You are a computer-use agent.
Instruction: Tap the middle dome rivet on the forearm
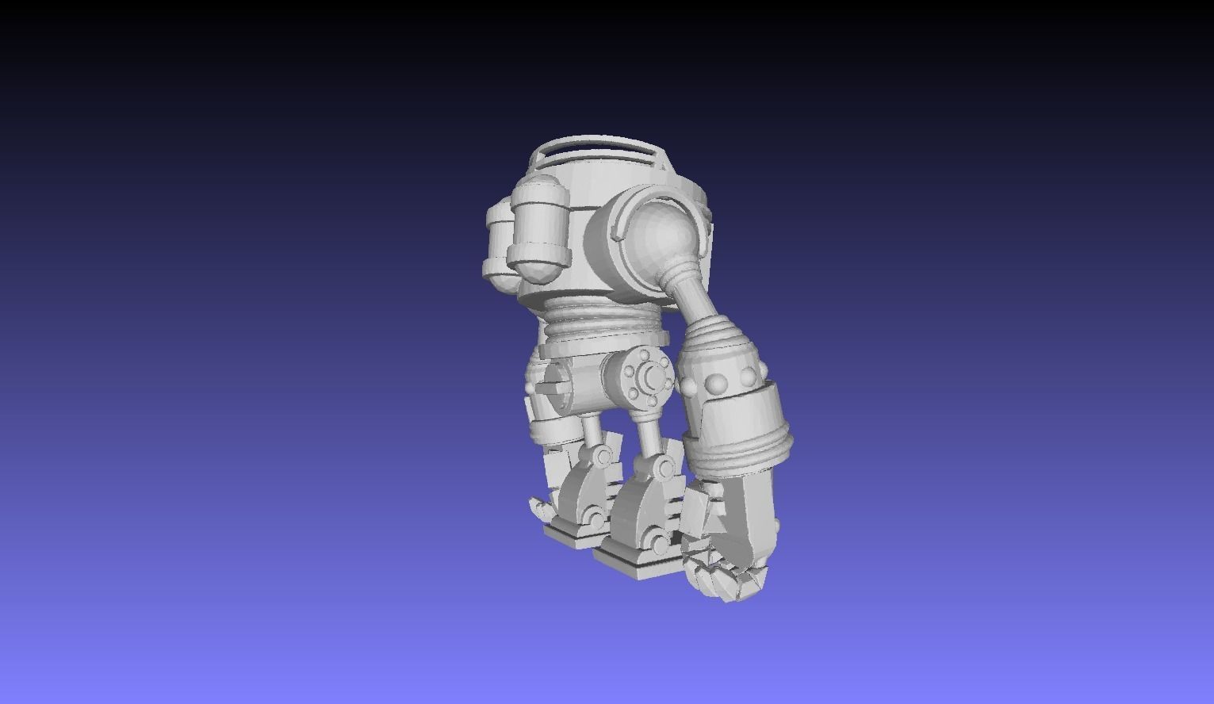pyautogui.click(x=718, y=385)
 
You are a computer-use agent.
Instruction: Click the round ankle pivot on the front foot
pyautogui.click(x=660, y=543)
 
